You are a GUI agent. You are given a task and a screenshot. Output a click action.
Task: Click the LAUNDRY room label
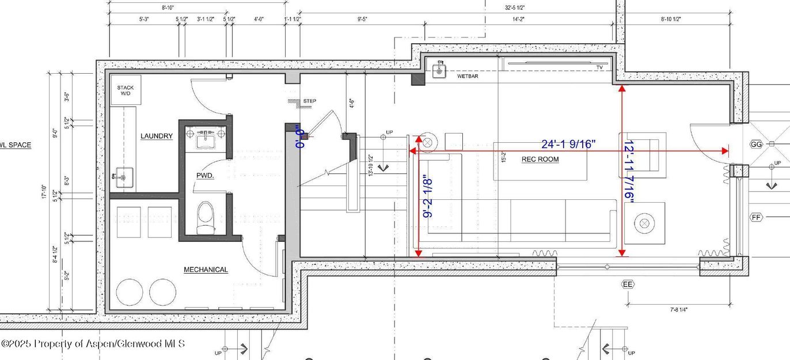point(157,136)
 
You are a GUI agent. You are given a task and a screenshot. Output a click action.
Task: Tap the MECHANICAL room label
point(206,270)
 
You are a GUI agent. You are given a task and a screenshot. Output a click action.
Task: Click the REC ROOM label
point(540,160)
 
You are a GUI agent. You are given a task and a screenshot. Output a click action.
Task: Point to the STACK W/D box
point(126,90)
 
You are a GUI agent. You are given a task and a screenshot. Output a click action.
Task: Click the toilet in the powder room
point(205,218)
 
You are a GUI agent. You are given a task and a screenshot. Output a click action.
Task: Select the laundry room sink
point(123,177)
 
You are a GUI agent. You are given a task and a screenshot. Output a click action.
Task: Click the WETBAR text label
point(468,76)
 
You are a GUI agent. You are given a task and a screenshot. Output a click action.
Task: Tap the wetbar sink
point(440,70)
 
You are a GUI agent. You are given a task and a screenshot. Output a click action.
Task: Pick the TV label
point(599,67)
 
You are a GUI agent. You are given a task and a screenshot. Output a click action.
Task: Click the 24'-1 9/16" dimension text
point(568,144)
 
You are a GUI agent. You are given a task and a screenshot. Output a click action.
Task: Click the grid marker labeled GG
point(756,145)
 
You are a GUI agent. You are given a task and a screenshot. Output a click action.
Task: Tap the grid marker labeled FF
point(756,217)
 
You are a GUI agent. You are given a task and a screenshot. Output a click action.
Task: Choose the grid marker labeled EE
point(627,284)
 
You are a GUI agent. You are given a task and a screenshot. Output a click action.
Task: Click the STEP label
point(309,101)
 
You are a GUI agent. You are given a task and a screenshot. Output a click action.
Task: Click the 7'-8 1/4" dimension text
point(678,310)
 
